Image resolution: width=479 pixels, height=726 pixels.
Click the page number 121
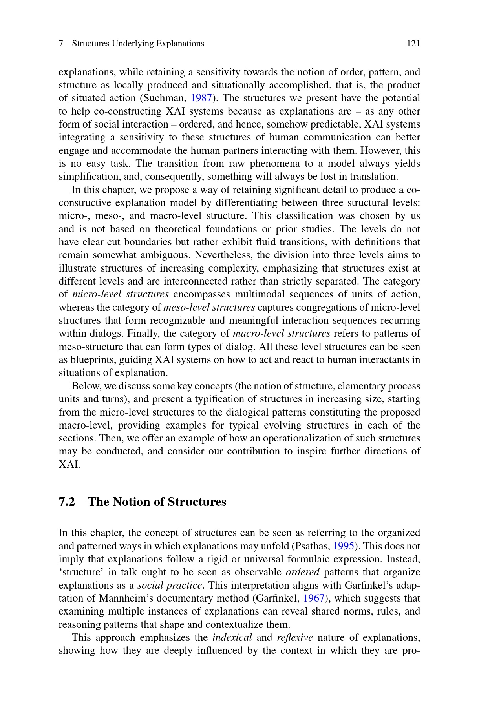413,44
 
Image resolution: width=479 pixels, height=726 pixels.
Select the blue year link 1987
201,98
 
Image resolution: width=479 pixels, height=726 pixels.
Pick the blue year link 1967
314,598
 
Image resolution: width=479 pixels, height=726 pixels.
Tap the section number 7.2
67,502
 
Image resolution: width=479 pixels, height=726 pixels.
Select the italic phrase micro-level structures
121,294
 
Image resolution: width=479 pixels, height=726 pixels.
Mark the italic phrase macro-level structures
282,334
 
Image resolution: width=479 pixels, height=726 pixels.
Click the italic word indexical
232,637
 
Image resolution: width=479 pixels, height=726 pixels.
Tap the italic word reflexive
295,637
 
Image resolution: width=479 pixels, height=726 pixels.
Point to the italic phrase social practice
170,585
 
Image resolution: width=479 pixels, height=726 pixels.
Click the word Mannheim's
123,598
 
